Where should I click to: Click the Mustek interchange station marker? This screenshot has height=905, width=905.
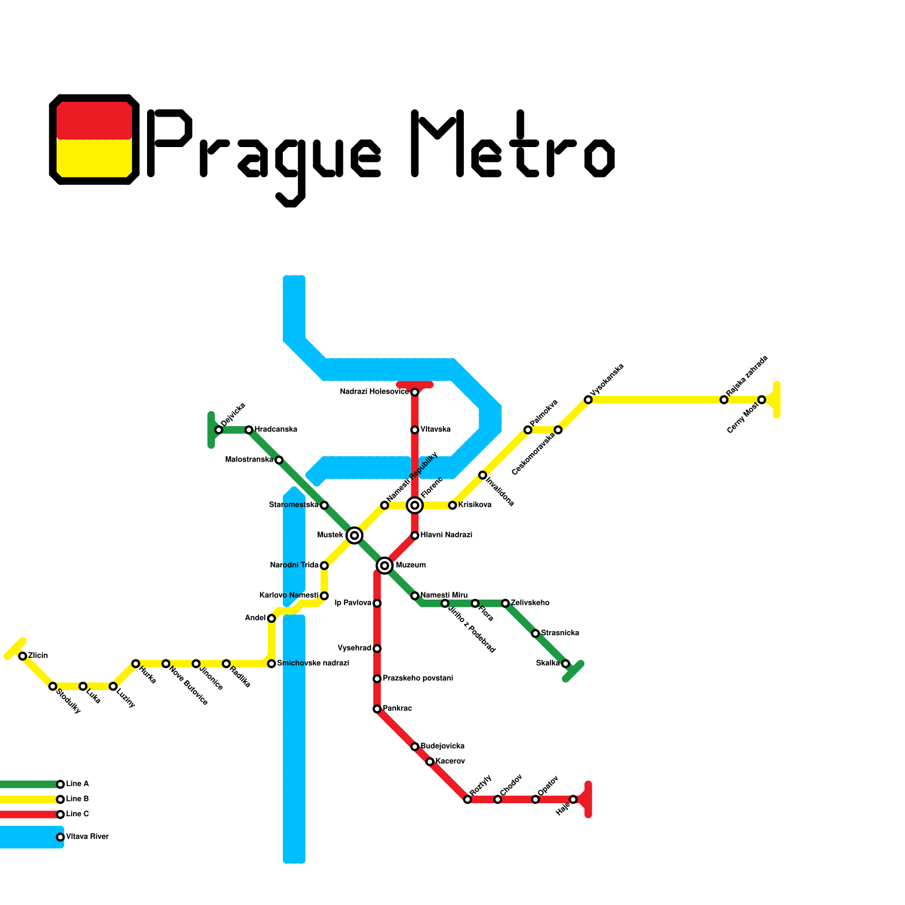tap(354, 535)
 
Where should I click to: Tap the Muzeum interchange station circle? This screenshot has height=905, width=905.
tap(385, 565)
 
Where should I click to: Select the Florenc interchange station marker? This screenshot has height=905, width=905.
tap(415, 505)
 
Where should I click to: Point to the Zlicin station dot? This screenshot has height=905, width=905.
tap(23, 656)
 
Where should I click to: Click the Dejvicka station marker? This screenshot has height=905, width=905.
tap(218, 430)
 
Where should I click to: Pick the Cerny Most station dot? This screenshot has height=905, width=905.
tap(761, 400)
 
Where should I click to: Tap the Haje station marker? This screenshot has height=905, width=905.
tap(573, 799)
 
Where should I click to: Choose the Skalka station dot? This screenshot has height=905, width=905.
tap(566, 663)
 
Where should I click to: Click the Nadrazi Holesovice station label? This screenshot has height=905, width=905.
tap(374, 392)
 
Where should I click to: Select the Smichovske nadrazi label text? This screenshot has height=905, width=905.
tap(313, 663)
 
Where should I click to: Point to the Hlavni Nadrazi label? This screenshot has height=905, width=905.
tap(446, 535)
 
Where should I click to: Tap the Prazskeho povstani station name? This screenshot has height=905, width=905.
tap(417, 678)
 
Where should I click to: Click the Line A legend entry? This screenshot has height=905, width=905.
tap(77, 784)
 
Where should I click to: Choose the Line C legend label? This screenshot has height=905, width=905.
tap(77, 814)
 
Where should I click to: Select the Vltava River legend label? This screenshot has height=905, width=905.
tap(87, 837)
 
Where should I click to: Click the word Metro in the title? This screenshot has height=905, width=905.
tap(512, 144)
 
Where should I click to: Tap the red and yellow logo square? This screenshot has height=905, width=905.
tap(94, 139)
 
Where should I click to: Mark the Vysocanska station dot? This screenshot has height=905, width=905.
tap(588, 400)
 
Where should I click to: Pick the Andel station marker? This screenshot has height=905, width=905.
tap(271, 618)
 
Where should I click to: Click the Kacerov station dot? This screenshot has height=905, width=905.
tap(430, 762)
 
